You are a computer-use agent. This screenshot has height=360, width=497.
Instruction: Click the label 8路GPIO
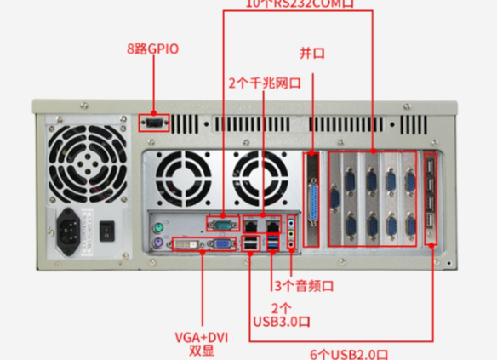click(x=154, y=49)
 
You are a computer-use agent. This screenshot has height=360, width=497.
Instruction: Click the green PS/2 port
click(x=157, y=227)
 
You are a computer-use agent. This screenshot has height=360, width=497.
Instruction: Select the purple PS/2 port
click(x=157, y=245)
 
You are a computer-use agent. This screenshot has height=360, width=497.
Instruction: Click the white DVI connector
click(x=188, y=245)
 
